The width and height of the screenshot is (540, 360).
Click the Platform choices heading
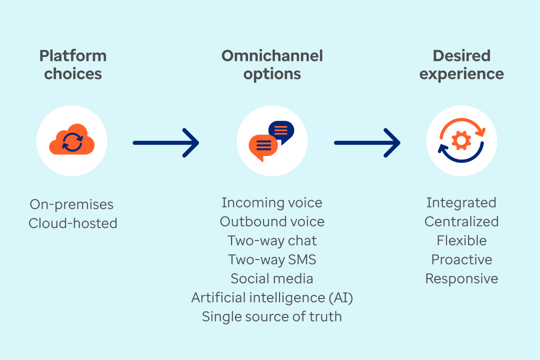73,64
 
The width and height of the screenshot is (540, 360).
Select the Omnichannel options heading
272,64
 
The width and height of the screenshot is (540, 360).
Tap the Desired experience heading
461,64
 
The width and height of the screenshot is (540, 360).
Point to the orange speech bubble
262,147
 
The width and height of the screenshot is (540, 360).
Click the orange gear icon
461,140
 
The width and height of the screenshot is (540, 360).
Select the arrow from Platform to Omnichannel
166,143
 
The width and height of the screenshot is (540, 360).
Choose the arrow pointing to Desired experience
367,143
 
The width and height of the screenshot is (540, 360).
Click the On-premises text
71,204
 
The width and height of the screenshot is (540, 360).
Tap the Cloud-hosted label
73,223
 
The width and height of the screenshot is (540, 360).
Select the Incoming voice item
272,202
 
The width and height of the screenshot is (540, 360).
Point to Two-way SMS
272,259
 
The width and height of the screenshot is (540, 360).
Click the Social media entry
272,278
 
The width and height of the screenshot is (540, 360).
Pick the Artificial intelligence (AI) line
272,297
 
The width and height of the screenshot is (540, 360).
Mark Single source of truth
272,316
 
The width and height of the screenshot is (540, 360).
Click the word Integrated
461,202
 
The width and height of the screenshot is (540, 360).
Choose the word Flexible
461,240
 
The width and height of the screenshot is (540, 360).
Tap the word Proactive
461,259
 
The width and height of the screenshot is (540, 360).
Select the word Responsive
461,278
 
